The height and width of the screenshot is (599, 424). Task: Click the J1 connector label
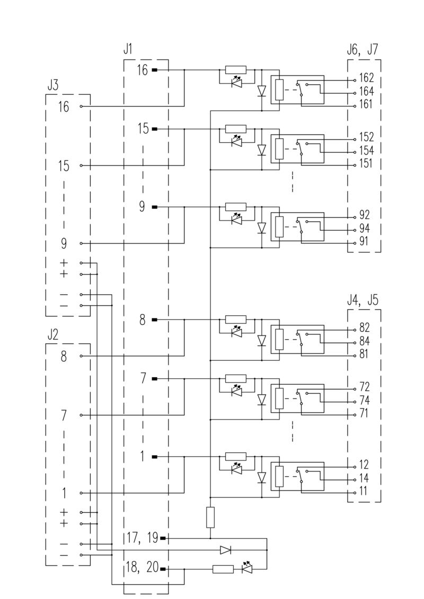pyautogui.click(x=128, y=50)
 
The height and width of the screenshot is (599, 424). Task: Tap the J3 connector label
pyautogui.click(x=52, y=85)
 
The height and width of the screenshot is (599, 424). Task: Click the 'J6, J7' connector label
pyautogui.click(x=362, y=50)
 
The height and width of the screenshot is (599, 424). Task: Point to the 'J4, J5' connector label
pyautogui.click(x=363, y=299)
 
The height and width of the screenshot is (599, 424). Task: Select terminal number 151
pyautogui.click(x=366, y=164)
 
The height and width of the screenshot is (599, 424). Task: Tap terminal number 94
pyautogui.click(x=364, y=229)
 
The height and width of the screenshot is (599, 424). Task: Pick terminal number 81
pyautogui.click(x=364, y=354)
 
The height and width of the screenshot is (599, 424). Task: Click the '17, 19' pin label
pyautogui.click(x=142, y=538)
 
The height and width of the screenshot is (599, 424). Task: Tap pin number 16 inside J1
pyautogui.click(x=142, y=69)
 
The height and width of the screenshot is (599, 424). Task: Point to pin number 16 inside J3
pyautogui.click(x=64, y=107)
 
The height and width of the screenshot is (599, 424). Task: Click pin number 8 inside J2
pyautogui.click(x=64, y=356)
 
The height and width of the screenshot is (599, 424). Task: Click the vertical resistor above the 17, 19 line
pyautogui.click(x=210, y=517)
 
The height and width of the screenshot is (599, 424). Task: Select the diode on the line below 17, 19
pyautogui.click(x=226, y=550)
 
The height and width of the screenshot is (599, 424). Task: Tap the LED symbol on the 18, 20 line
pyautogui.click(x=246, y=569)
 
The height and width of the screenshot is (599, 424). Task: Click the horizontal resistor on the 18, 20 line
pyautogui.click(x=223, y=569)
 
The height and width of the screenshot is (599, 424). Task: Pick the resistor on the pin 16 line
pyautogui.click(x=236, y=69)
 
